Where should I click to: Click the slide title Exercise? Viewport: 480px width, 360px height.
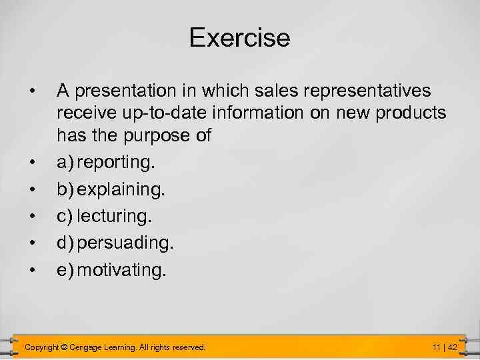[239, 37]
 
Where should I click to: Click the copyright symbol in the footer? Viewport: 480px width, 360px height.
[65, 347]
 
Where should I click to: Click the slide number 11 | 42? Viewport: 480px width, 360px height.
[444, 347]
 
